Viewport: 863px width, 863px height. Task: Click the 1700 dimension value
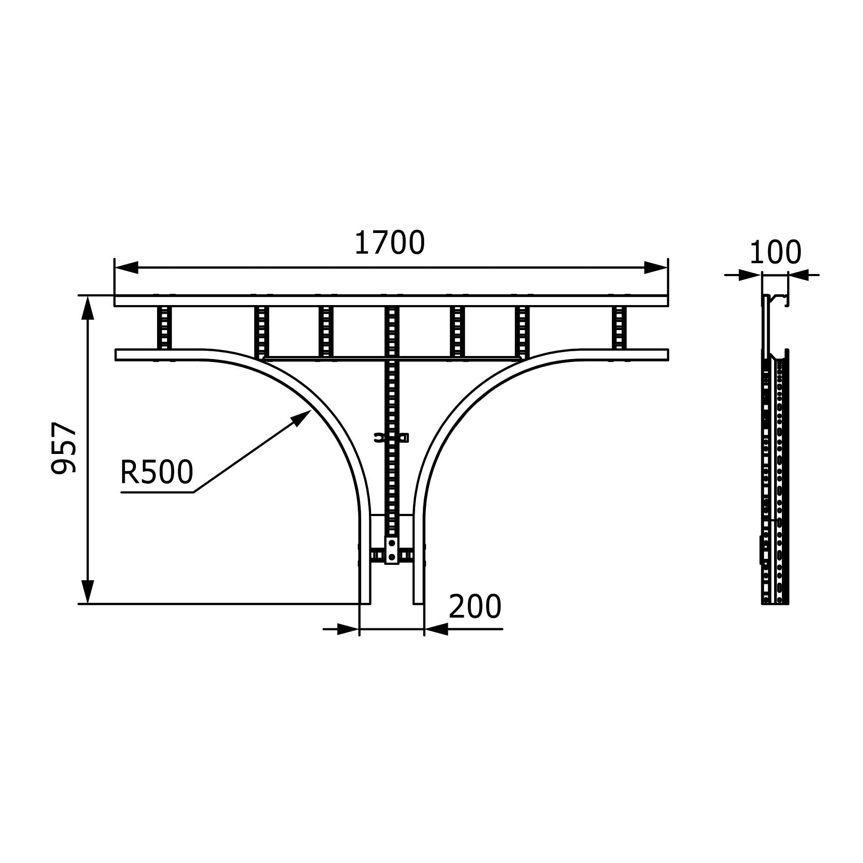point(390,243)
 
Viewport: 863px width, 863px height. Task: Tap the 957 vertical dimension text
point(64,447)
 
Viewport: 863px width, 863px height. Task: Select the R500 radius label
point(157,472)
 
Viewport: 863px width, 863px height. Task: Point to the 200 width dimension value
point(475,607)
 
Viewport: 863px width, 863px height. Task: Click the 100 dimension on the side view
point(775,253)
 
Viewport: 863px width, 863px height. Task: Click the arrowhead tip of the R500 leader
point(311,410)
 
